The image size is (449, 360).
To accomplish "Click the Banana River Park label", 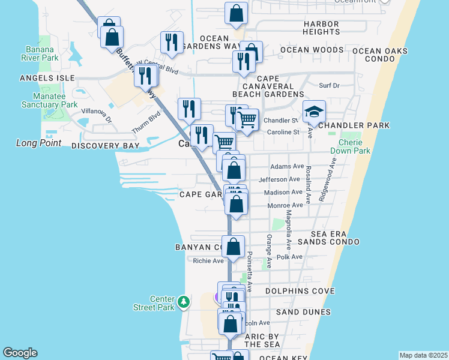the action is tap(42, 53).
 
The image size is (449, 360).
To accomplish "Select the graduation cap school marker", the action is tap(313, 112).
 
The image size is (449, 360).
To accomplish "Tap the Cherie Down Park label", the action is tap(354, 146).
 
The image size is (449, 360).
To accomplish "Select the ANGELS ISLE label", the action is tap(47, 78).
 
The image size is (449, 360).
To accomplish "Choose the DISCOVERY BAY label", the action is tap(105, 146).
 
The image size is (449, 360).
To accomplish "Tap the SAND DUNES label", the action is tap(303, 312).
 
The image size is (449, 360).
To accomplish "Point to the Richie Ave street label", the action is tap(208, 260).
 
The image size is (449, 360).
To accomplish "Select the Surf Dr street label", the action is tap(329, 86).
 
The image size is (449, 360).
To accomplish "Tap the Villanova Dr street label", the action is tap(97, 111).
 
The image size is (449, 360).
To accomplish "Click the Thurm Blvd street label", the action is tap(143, 124).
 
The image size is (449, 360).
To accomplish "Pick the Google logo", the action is tap(20, 353).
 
